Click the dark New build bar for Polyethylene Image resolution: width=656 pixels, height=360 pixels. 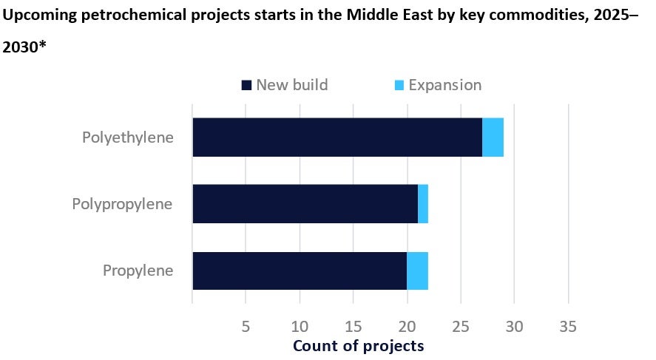[337, 137]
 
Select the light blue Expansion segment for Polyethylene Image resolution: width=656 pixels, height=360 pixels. [493, 137]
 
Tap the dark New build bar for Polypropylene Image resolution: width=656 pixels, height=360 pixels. [305, 203]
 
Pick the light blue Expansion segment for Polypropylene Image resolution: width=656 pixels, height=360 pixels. [423, 203]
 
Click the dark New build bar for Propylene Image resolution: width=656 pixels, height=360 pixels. [300, 271]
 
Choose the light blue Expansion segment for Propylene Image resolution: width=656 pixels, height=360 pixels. [417, 271]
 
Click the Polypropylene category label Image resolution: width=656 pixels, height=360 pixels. [122, 203]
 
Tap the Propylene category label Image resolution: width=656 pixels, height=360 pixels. [138, 271]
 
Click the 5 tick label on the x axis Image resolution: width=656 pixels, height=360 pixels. [246, 326]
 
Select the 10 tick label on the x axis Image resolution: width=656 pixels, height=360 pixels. [300, 326]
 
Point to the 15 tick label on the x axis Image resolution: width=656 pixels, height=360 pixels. [354, 326]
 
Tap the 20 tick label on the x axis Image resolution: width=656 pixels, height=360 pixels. [407, 326]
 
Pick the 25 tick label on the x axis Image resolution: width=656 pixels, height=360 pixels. [461, 326]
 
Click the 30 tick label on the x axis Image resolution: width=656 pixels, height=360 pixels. [515, 326]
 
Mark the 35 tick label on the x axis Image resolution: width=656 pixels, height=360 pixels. [568, 326]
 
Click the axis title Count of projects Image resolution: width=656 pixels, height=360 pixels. [359, 346]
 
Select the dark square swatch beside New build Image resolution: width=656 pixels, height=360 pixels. [247, 85]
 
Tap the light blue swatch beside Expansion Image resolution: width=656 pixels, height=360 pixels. [399, 85]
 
